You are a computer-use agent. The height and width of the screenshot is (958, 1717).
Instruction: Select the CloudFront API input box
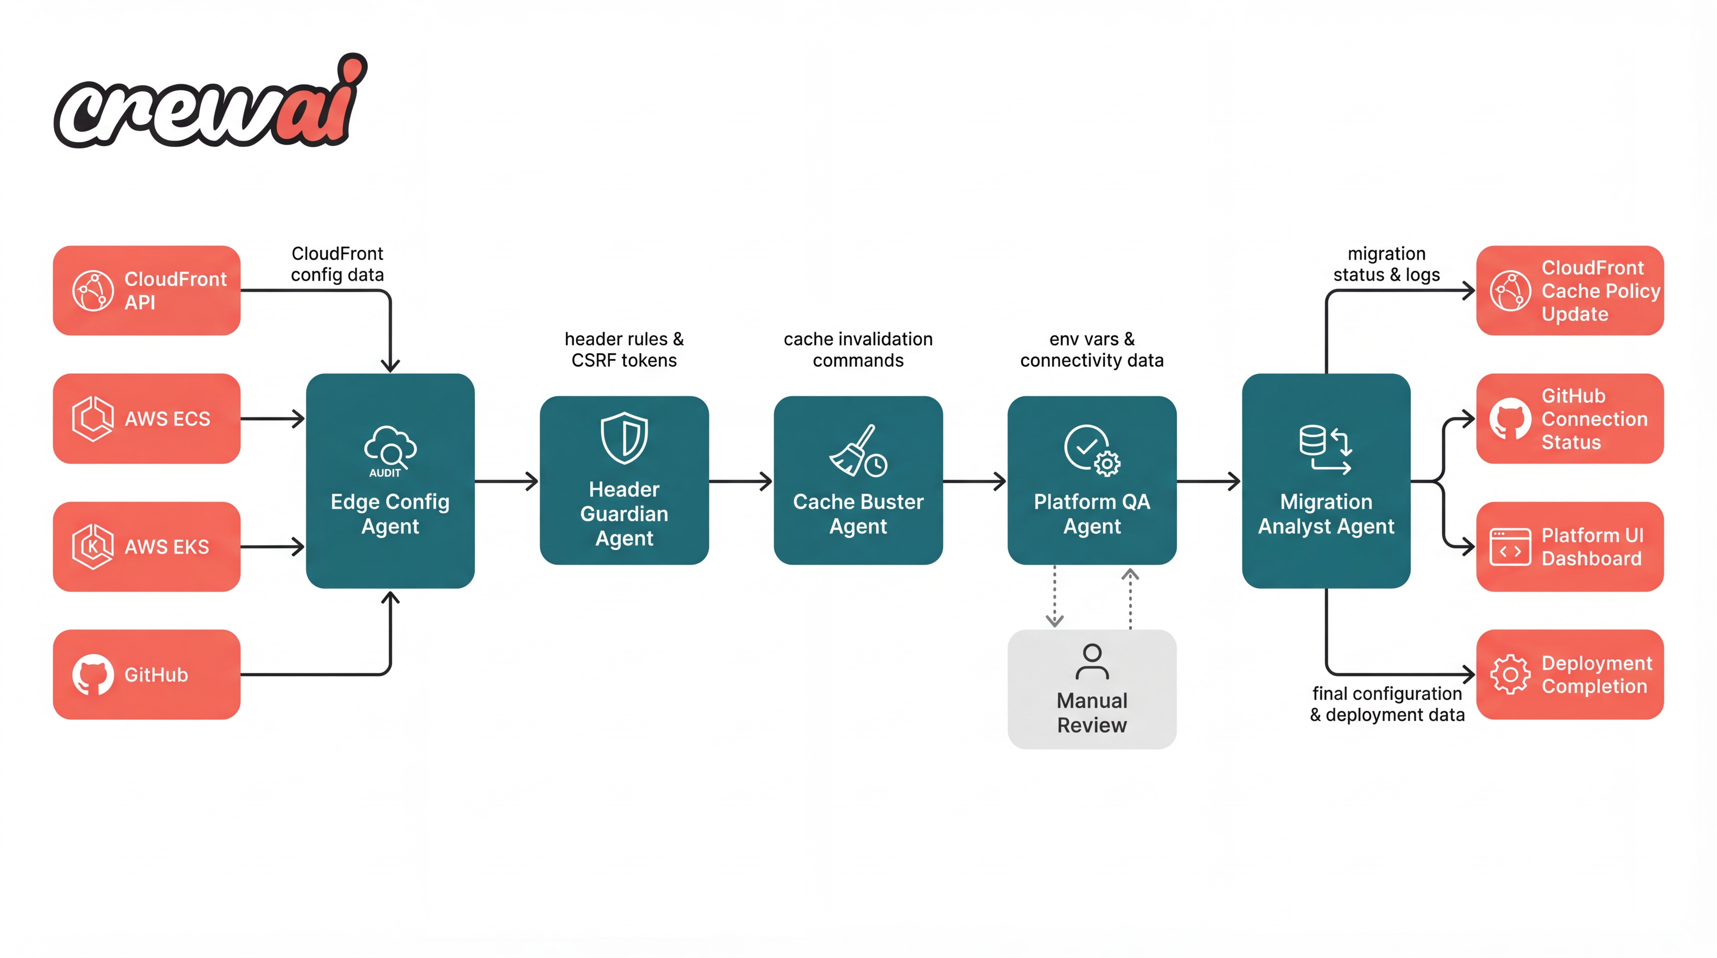click(147, 290)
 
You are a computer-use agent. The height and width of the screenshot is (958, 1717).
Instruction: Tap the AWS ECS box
click(147, 419)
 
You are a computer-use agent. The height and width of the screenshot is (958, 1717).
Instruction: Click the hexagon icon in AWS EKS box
click(93, 546)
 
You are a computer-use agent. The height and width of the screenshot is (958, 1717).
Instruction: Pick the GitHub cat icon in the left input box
click(93, 674)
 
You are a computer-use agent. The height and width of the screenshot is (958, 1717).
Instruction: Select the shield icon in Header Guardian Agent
click(624, 438)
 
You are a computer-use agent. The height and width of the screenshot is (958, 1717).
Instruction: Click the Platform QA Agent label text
click(1092, 514)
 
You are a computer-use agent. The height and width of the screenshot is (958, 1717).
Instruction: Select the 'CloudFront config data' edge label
click(337, 264)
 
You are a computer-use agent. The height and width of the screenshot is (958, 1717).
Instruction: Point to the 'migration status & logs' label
click(1386, 264)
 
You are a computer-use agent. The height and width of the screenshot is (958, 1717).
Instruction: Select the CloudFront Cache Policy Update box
click(1570, 290)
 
